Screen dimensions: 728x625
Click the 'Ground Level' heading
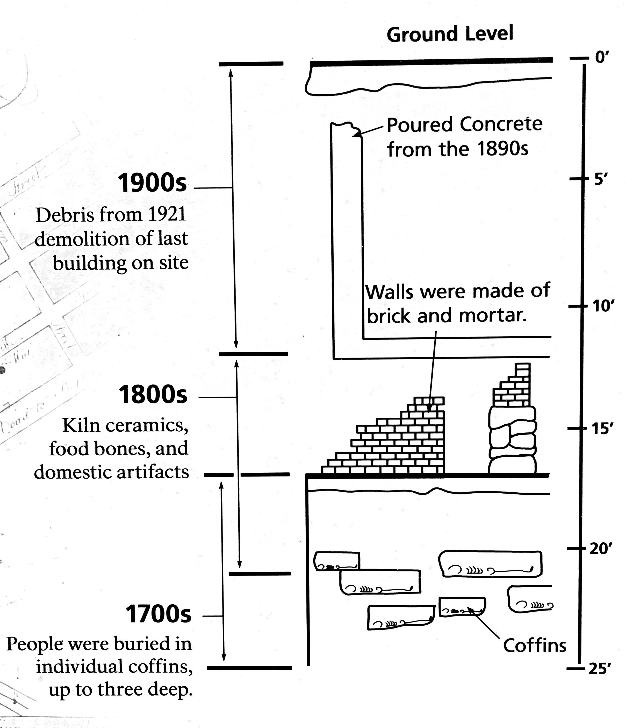point(450,34)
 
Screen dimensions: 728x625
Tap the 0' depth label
point(602,57)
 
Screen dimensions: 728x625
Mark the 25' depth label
point(600,669)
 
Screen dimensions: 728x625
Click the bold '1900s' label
point(152,183)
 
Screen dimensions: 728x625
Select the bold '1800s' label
point(153,395)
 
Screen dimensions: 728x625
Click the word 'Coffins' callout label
point(534,646)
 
